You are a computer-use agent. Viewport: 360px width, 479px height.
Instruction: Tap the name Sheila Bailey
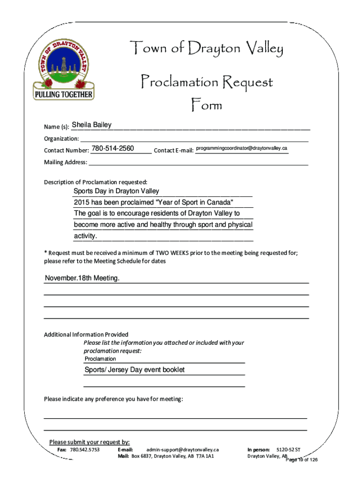coord(92,125)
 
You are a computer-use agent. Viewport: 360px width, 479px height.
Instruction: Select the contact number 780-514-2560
coord(113,149)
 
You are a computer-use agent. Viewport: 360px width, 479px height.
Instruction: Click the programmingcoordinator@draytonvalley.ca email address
coord(242,148)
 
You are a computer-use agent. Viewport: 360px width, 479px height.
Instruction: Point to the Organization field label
coord(61,138)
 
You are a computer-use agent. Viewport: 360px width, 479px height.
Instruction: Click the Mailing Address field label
coord(65,162)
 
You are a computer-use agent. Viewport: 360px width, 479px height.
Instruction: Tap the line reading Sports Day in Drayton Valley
coord(116,191)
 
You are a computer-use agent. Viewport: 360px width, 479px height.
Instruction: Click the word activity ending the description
coord(85,236)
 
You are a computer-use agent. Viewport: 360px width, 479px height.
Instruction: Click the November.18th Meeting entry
coord(82,278)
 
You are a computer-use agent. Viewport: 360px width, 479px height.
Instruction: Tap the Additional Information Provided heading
coord(86,334)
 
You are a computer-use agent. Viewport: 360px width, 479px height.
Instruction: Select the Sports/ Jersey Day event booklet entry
coord(135,370)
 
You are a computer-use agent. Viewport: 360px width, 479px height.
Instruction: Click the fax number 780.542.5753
coord(85,450)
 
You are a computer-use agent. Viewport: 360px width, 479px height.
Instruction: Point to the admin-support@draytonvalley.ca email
coord(182,450)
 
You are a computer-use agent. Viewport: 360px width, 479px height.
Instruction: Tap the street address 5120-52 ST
coord(288,450)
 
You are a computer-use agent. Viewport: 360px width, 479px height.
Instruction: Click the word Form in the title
coord(206,105)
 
